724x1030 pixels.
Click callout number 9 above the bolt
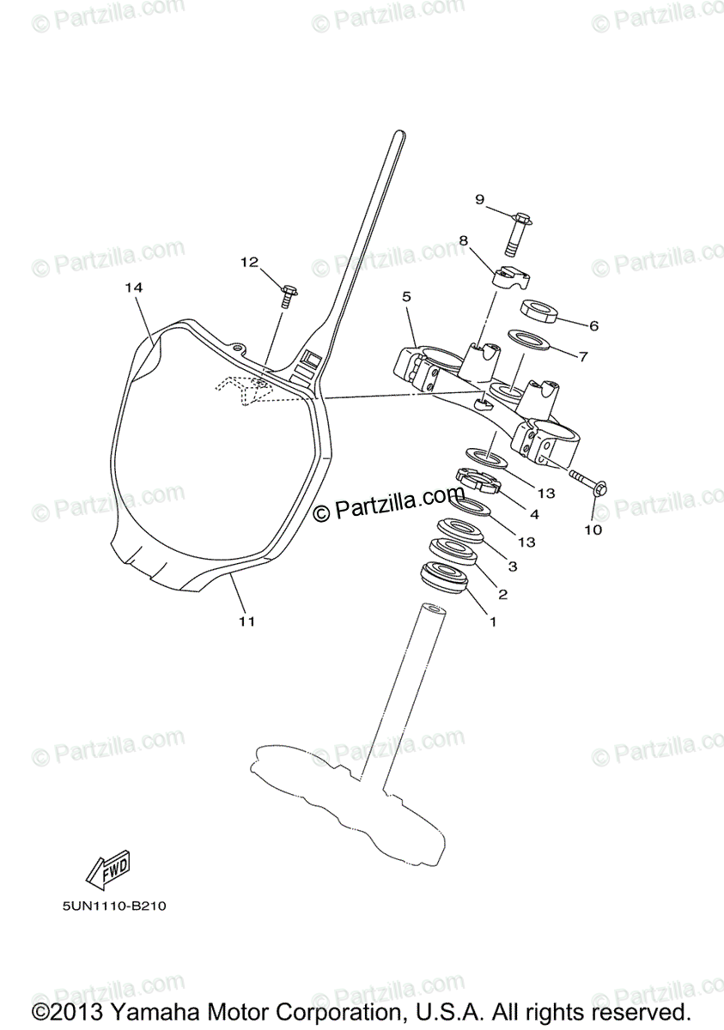point(479,200)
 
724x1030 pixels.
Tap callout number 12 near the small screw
point(249,263)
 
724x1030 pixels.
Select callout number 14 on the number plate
point(132,288)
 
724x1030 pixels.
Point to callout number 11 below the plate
point(246,621)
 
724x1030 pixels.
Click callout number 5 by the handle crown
point(406,296)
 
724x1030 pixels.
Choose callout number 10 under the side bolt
point(593,530)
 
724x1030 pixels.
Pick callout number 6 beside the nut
point(593,326)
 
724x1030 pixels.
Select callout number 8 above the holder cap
point(464,241)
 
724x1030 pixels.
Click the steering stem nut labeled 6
point(538,310)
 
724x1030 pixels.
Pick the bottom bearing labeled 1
point(444,577)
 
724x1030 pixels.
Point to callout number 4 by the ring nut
point(534,515)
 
